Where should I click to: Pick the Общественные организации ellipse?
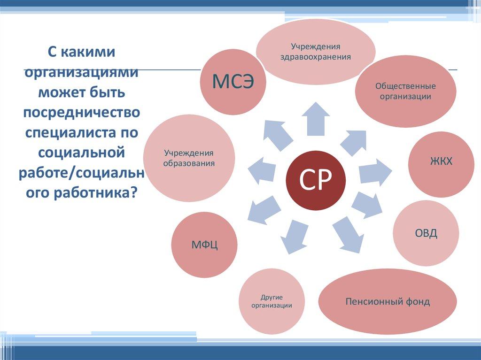405,91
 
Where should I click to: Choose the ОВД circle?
426,233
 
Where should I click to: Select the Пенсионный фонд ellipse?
388,301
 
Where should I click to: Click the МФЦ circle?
204,245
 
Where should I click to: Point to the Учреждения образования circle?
189,158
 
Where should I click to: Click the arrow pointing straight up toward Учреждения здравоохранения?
315,118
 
